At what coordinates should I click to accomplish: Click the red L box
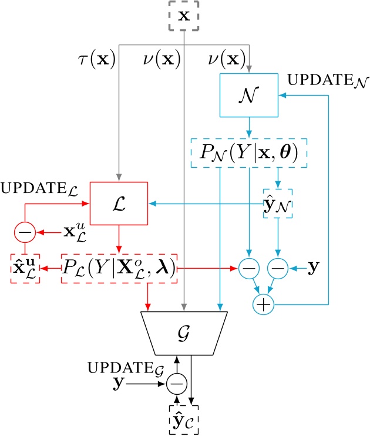point(119,204)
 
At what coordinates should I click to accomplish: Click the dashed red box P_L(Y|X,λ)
point(119,269)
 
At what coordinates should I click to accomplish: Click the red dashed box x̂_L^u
point(25,270)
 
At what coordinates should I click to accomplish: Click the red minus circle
point(25,233)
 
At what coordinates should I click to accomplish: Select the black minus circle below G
point(176,384)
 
